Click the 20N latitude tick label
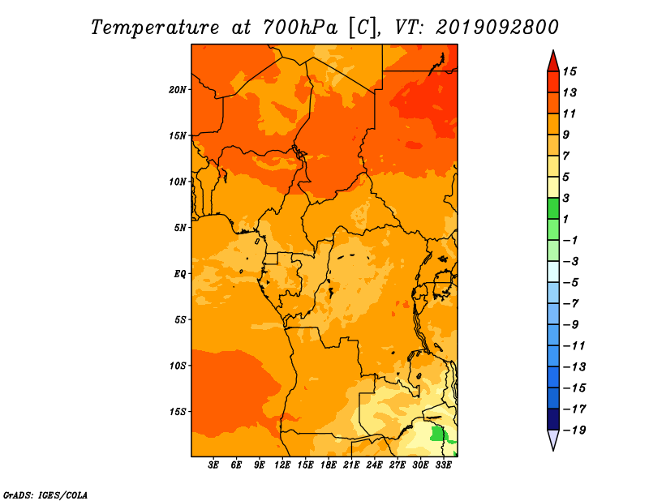[178, 90]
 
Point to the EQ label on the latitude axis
[180, 274]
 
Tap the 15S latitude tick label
[178, 412]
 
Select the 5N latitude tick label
[180, 228]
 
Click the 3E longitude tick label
[213, 465]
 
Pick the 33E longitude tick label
[443, 465]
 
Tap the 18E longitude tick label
[329, 465]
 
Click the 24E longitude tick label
[374, 465]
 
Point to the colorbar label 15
[569, 71]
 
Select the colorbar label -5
[572, 283]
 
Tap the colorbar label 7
[566, 156]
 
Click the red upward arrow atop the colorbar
[553, 62]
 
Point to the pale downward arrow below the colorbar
[553, 439]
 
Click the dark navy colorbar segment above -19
[553, 419]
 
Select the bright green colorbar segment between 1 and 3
[553, 208]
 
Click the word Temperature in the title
[155, 28]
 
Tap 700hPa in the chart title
[300, 28]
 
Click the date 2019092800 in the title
[497, 28]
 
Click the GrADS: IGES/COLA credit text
[45, 495]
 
